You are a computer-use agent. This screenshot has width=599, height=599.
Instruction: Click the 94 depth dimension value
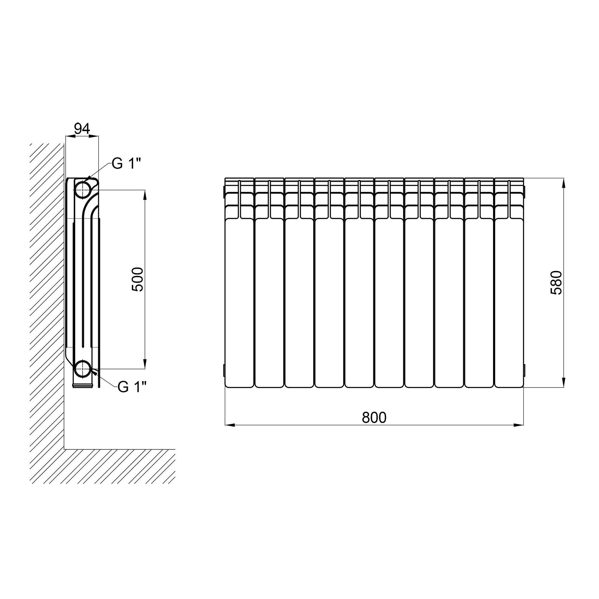tap(82, 129)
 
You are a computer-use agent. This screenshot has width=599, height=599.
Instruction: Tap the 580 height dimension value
tap(556, 282)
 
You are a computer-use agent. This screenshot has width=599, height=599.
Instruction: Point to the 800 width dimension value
tap(374, 418)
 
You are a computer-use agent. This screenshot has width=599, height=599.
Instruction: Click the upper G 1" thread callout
tap(126, 164)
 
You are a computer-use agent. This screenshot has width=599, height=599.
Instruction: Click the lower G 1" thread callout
tap(132, 387)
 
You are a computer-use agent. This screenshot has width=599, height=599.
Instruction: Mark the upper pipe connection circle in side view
tap(82, 190)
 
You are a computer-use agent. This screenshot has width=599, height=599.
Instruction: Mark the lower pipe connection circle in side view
tap(82, 369)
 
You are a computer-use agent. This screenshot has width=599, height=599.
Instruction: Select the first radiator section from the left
tap(239, 283)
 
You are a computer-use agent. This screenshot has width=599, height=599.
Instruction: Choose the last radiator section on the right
tap(509, 283)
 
